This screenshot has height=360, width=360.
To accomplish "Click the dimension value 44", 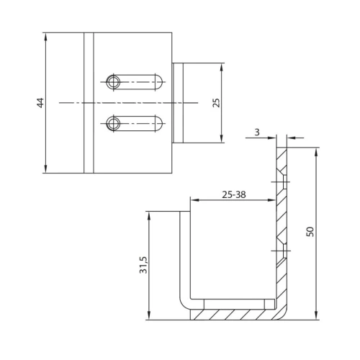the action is click(40, 103).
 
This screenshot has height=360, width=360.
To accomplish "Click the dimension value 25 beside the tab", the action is click(216, 103).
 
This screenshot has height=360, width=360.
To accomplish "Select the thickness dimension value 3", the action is click(257, 132).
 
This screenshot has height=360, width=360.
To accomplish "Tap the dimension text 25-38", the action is click(234, 194).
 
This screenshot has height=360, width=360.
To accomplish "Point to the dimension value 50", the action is click(310, 232).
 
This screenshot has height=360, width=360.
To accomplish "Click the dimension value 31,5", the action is click(143, 265).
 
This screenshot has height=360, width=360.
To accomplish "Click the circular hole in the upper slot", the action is click(113, 82).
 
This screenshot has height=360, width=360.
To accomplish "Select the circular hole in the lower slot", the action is click(113, 124).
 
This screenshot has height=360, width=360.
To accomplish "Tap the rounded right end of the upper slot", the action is click(159, 82).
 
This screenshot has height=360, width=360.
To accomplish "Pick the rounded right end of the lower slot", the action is click(159, 124).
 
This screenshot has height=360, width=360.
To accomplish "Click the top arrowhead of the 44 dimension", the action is click(46, 37).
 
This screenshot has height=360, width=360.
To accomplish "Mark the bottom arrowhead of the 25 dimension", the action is click(222, 139).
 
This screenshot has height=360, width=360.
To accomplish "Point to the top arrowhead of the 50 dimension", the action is click(317, 152).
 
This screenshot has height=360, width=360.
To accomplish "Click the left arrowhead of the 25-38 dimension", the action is click(194, 200).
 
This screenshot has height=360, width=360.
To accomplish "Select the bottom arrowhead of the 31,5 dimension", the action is click(149, 315).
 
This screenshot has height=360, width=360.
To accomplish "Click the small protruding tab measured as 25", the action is click(178, 103).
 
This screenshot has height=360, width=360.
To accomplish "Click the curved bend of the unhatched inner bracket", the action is click(183, 304).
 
